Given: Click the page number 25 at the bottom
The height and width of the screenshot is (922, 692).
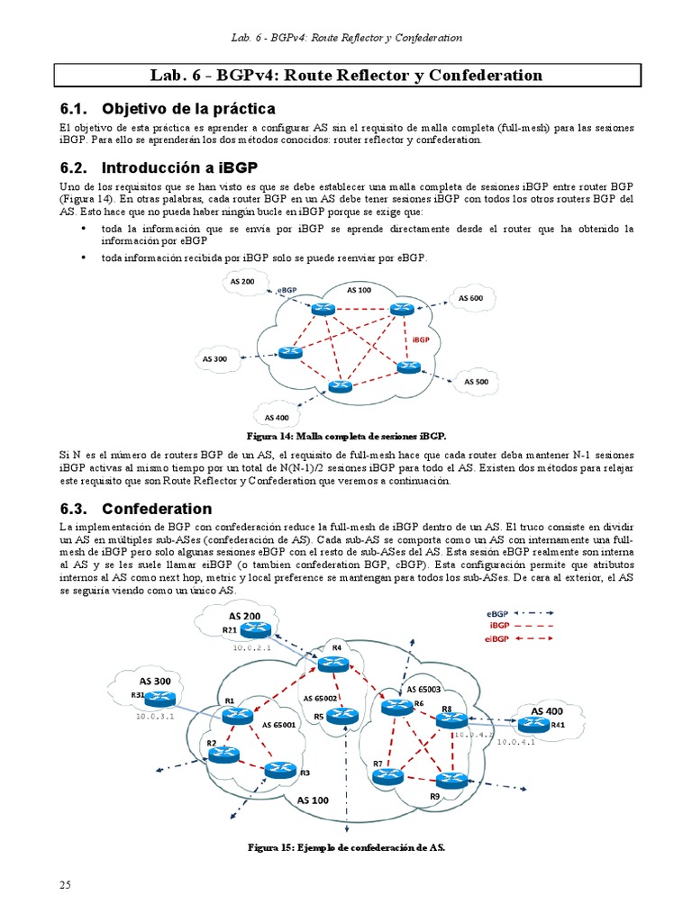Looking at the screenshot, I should [x=65, y=885].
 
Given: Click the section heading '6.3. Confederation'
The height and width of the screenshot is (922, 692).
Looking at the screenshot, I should [x=150, y=508].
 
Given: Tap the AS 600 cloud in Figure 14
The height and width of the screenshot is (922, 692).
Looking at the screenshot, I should [x=469, y=298].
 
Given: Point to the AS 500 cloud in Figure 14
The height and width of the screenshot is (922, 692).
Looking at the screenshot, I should [x=476, y=381].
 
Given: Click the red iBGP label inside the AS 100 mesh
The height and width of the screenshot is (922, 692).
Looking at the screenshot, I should [x=421, y=340].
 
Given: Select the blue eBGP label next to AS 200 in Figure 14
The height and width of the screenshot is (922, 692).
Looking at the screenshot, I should [x=287, y=290].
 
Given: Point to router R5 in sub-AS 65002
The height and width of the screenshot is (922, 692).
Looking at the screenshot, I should [x=337, y=715].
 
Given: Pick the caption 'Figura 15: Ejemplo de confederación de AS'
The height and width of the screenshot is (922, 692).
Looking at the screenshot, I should [x=346, y=847].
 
